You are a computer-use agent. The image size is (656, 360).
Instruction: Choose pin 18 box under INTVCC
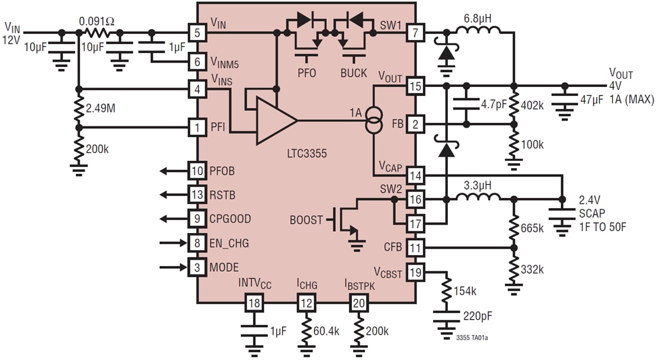pyautogui.click(x=254, y=303)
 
